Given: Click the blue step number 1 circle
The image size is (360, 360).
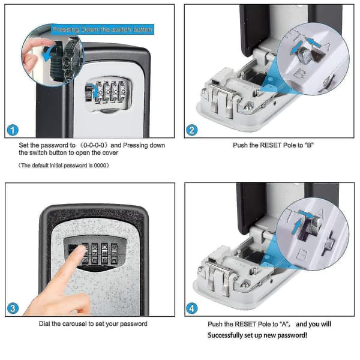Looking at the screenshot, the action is tap(13, 130).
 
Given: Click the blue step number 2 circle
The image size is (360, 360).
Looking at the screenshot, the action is tap(192, 130).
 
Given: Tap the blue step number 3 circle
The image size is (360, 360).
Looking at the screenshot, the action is tap(13, 308).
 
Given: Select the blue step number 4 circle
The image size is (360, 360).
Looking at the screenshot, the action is tap(192, 308).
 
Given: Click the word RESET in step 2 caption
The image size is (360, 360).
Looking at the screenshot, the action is tap(271, 145).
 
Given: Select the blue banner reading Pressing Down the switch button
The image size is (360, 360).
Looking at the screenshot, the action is tap(103, 29).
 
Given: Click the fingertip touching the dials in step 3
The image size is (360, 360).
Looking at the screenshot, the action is tap(80, 249).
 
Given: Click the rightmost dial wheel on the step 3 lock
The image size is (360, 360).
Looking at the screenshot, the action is tap(114, 253).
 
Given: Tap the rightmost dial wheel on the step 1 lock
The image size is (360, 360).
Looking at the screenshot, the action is tap(122, 92).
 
